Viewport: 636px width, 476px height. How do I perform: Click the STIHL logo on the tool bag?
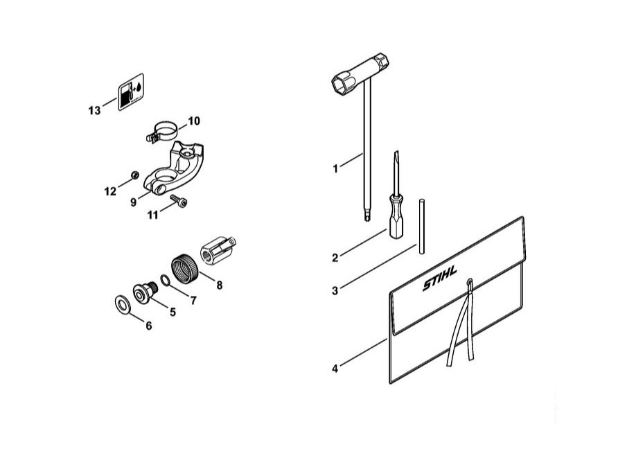coord(440,278)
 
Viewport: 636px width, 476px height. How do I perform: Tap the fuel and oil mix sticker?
coord(131,91)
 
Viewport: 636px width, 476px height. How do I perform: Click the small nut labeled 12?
coord(134,175)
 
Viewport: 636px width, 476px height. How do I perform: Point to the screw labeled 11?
coord(179,200)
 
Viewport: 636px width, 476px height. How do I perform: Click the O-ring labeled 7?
coord(165,280)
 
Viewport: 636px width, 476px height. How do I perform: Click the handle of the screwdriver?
coord(396,218)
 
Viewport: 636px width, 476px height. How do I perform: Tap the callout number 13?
coord(94,110)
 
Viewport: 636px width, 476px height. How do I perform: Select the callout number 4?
coord(335,369)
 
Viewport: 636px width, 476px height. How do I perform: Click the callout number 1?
coord(335,168)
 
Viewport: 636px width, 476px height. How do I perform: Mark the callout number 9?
coord(134,202)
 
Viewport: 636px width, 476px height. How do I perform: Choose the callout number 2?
coord(335,258)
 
